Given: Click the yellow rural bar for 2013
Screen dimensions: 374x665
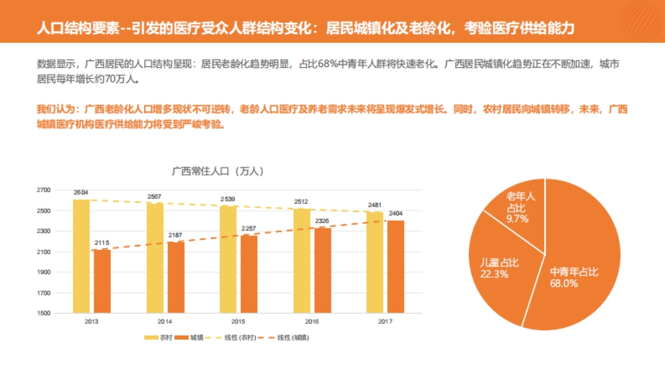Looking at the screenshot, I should point(81,256).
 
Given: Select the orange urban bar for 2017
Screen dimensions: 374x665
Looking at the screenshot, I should point(396,267).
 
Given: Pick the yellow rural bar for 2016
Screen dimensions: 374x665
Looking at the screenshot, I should point(301,260).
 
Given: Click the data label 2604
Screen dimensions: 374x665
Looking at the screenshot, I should point(81,193).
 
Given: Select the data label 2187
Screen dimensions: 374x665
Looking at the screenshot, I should point(176,235).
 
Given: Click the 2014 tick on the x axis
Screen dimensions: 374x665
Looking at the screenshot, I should point(165,322).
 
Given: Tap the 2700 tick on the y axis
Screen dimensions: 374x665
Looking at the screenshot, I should point(44,190).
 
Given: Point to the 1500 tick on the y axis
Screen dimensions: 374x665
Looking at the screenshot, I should point(44,314).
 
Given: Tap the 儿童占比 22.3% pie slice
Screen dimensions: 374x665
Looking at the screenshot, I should point(496,266).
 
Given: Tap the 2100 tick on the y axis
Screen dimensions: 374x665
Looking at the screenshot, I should point(44,252).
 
